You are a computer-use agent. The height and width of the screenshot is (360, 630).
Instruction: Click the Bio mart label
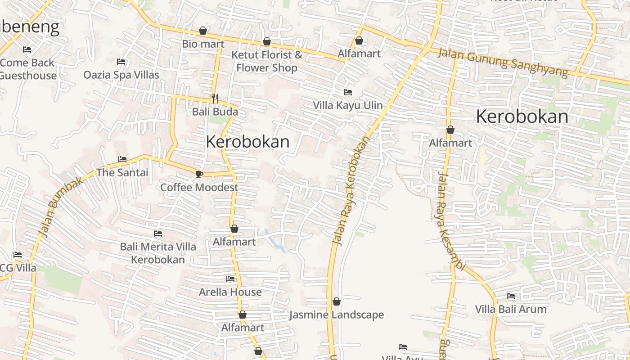203,44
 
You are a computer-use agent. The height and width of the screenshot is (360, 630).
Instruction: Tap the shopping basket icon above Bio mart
203,31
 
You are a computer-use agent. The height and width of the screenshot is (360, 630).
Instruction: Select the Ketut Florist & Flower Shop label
267,61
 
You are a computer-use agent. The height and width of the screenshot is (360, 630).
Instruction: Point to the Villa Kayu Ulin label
348,105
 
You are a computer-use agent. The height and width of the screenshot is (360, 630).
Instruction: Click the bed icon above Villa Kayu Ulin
347,92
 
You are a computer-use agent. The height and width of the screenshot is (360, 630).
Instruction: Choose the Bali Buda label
215,112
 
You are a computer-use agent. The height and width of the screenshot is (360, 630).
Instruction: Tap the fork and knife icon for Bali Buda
215,98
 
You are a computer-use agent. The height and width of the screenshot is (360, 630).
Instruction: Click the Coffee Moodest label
199,187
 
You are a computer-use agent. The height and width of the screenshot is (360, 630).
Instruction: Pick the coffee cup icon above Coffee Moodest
199,174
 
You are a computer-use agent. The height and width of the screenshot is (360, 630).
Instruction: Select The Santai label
122,172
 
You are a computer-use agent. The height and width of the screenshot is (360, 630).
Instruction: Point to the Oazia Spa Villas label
121,75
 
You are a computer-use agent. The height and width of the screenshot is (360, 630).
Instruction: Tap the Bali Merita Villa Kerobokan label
158,253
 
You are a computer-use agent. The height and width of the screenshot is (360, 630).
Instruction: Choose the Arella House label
230,292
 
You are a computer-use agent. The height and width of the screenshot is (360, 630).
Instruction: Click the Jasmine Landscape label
337,315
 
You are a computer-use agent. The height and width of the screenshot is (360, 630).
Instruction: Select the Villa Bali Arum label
511,309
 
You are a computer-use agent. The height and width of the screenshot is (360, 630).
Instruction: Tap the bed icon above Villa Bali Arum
511,296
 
